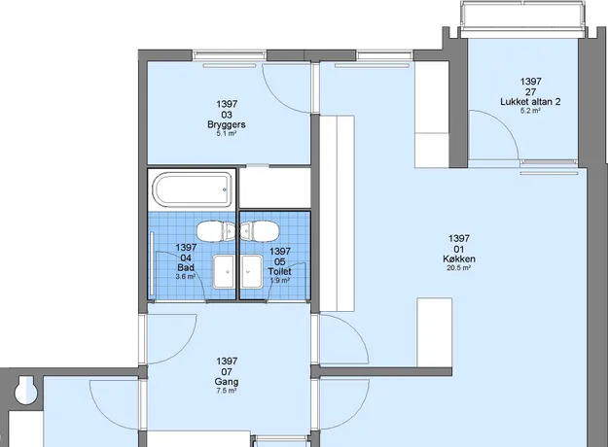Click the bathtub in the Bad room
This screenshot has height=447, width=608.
pyautogui.click(x=193, y=189)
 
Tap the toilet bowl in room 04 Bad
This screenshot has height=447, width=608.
pyautogui.click(x=216, y=231)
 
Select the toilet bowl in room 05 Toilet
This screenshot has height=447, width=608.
pyautogui.click(x=260, y=231)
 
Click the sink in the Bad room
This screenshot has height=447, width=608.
pyautogui.click(x=224, y=271)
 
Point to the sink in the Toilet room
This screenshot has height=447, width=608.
pyautogui.click(x=252, y=271)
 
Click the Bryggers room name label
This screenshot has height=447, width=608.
pyautogui.click(x=227, y=124)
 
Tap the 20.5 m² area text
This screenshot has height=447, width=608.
pyautogui.click(x=459, y=267)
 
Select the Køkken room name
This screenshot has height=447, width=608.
pyautogui.click(x=459, y=258)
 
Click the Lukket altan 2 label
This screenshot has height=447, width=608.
pyautogui.click(x=530, y=102)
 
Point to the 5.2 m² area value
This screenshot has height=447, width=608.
pyautogui.click(x=530, y=111)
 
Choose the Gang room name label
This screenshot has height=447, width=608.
pyautogui.click(x=227, y=382)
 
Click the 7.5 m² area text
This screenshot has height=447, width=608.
pyautogui.click(x=227, y=391)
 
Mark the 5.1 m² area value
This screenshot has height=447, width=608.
pyautogui.click(x=227, y=134)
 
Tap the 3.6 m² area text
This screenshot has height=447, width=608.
pyautogui.click(x=186, y=277)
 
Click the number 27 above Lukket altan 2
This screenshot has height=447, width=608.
pyautogui.click(x=530, y=91)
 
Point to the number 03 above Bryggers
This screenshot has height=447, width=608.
pyautogui.click(x=227, y=115)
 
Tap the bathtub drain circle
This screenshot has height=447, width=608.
pyautogui.click(x=225, y=189)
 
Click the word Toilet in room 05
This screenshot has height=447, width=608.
pyautogui.click(x=279, y=271)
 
